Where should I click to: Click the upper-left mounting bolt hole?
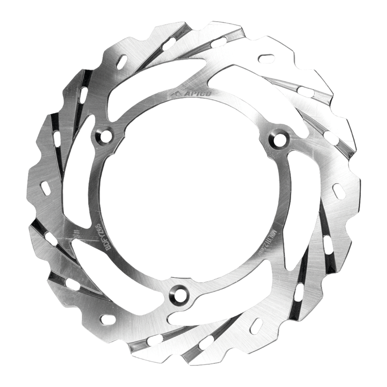point(106,136)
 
